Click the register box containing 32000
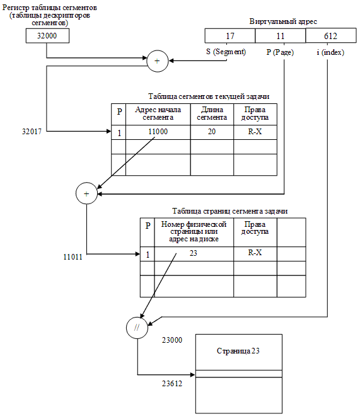pos(47,36)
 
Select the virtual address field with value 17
pos(230,37)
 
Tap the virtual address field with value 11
pos(280,37)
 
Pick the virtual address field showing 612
pos(330,37)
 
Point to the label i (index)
pos(330,52)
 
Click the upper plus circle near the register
pos(156,61)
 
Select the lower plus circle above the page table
pos(86,194)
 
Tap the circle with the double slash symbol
pos(136,327)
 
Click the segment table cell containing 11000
pos(158,132)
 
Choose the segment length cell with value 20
pos(211,132)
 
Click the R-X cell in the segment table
pos(255,132)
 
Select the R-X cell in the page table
pos(255,253)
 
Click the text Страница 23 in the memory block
pos(238,351)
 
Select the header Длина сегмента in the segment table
pos(211,113)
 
